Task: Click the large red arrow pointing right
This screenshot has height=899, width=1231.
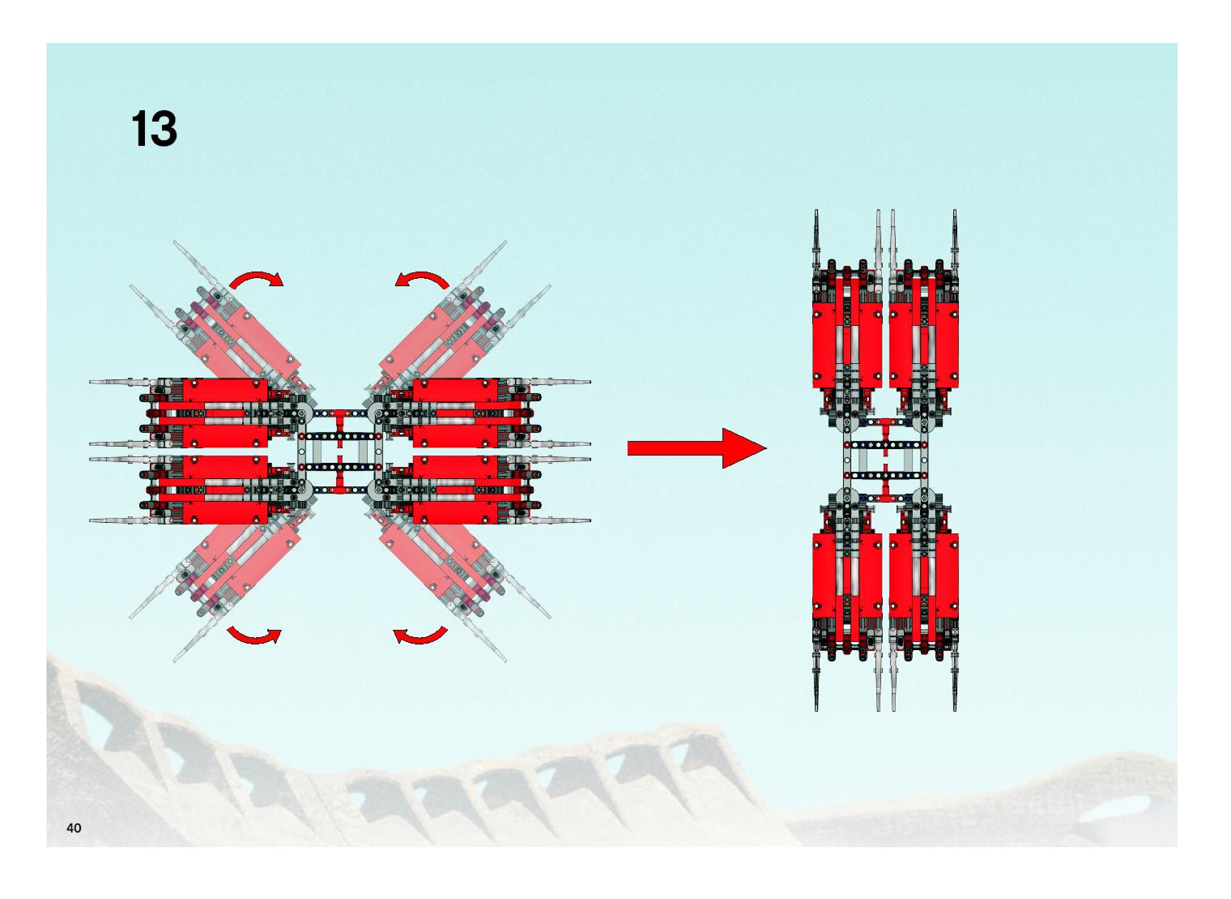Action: [696, 448]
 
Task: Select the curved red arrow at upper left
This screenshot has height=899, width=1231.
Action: [256, 279]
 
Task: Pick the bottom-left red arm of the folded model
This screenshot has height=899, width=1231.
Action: [847, 577]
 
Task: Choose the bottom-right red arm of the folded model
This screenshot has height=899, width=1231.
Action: [923, 577]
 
